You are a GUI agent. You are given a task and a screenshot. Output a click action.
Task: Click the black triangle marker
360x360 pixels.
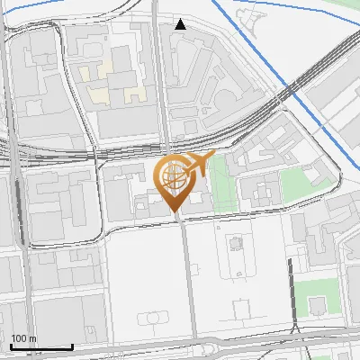click(180, 24)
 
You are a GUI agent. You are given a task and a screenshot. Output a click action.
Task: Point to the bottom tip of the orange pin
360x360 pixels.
click(175, 212)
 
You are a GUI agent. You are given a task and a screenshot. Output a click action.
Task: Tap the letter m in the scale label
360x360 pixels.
click(32, 338)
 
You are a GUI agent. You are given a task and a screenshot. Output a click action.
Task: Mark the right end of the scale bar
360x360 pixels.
click(72, 346)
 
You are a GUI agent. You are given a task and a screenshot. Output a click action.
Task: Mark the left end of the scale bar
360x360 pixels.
click(11, 346)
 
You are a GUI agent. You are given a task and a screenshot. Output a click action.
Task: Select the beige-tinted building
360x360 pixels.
click(112, 77)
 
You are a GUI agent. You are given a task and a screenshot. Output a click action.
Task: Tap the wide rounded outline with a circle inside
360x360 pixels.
click(155, 318)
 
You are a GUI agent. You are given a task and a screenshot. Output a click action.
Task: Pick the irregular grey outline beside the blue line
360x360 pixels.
click(252, 18)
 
